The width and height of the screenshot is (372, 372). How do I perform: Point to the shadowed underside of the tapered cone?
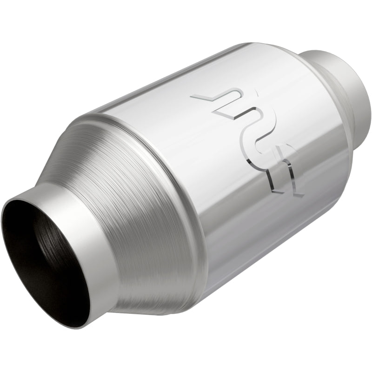(153, 298)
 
